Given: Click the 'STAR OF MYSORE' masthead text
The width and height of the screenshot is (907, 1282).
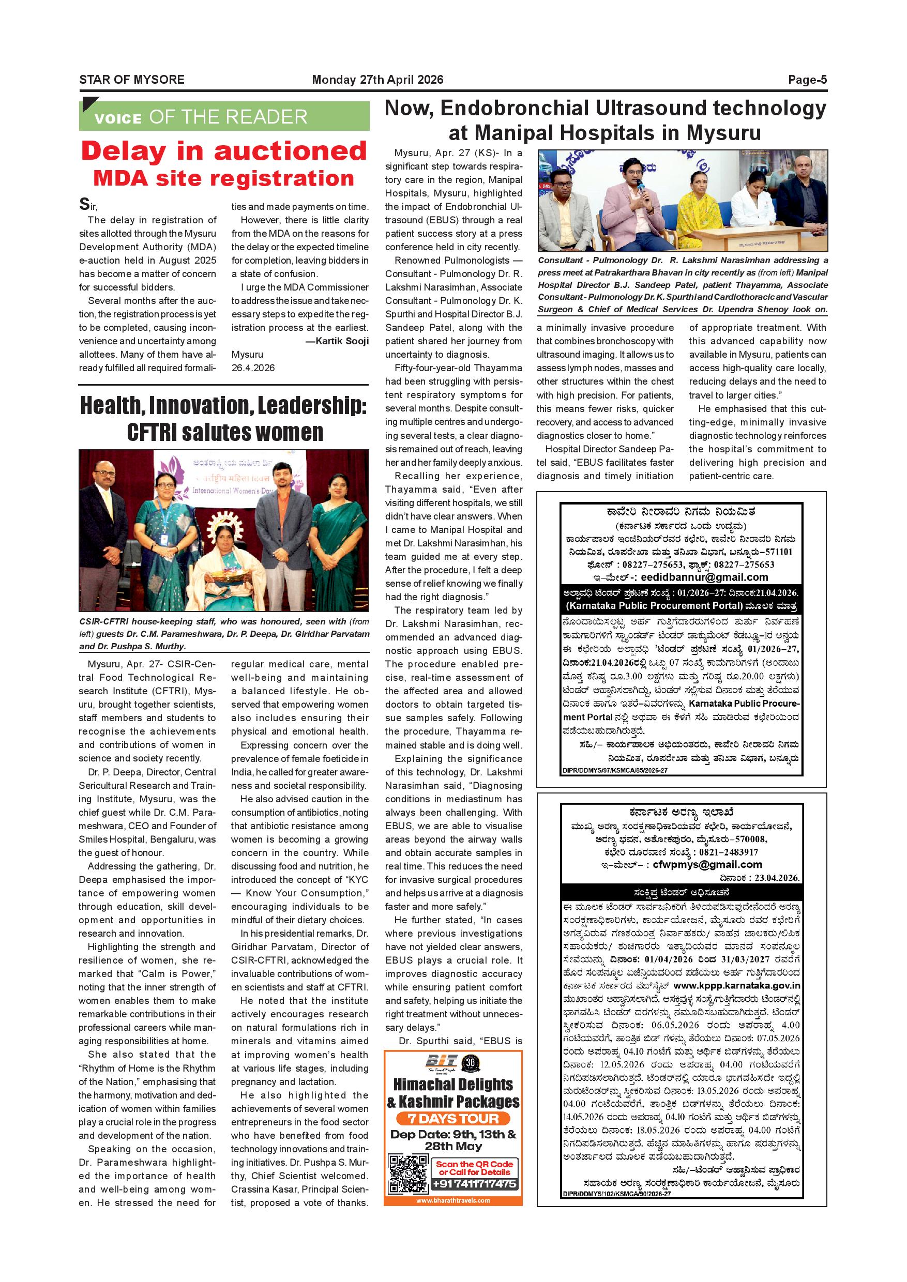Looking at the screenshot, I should pos(131,80).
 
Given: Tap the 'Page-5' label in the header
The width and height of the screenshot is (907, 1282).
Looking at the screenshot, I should pos(807,80).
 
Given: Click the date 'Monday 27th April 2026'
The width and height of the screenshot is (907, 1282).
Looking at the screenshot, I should pos(377,80).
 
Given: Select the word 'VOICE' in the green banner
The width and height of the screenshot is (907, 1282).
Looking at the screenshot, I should pos(118,118).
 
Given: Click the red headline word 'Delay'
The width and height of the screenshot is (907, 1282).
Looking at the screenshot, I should pos(124,152).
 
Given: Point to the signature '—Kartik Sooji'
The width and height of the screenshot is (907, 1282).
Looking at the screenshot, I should pos(337,341).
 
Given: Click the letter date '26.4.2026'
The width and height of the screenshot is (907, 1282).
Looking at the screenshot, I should pos(253,368).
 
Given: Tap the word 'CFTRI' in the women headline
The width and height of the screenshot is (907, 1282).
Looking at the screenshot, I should pos(162,433).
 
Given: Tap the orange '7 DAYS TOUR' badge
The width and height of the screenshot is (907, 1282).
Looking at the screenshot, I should pos(453,1119).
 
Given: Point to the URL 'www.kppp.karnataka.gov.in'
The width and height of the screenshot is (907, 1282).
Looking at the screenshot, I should pos(737,986).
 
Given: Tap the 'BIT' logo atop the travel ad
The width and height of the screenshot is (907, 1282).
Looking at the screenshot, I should pos(441,1061).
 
